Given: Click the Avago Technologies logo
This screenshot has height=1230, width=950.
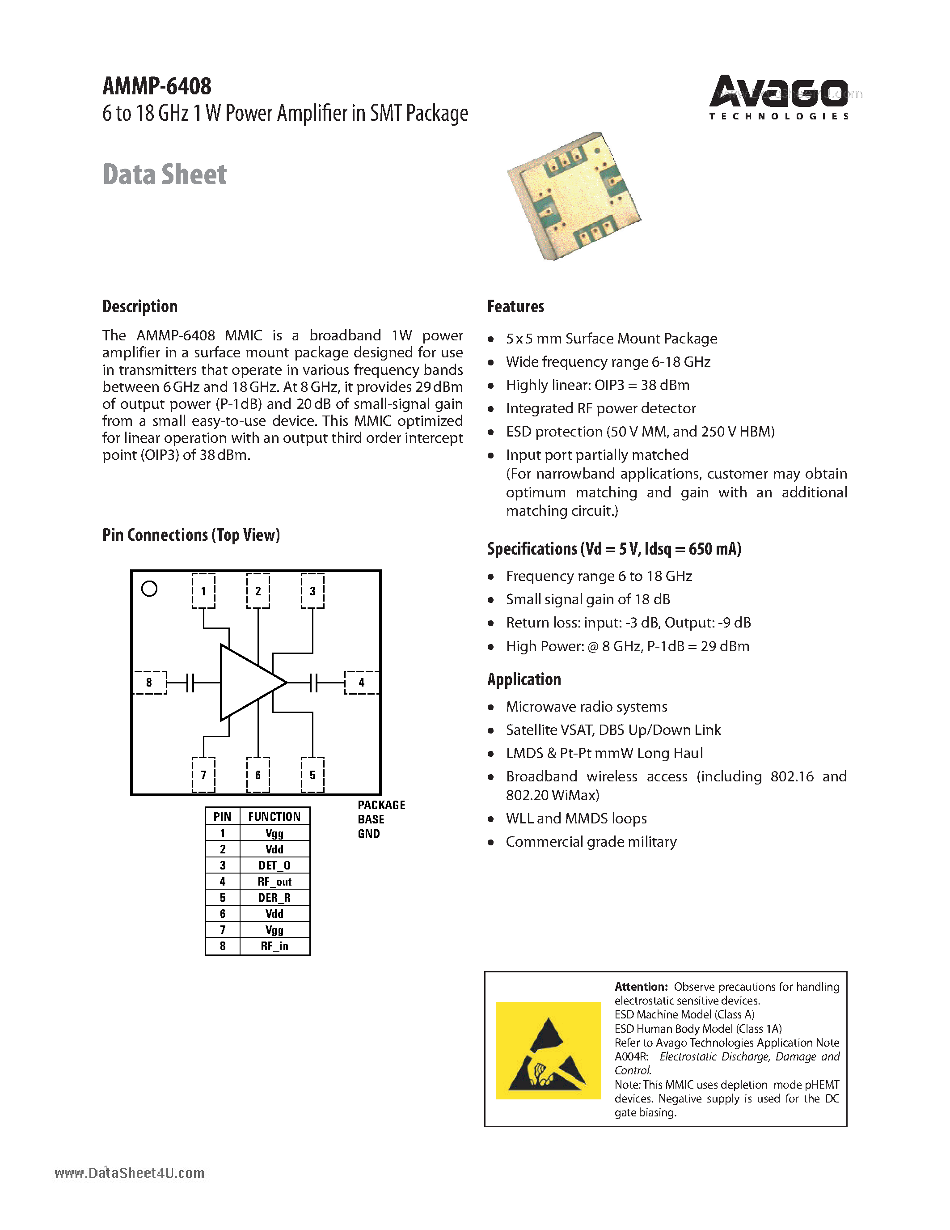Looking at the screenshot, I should [x=778, y=97].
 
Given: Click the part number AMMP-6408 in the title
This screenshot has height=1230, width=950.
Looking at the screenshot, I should [x=157, y=86].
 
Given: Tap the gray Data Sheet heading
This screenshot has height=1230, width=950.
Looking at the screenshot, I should [x=165, y=174].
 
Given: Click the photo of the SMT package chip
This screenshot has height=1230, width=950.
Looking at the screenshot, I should [x=574, y=195].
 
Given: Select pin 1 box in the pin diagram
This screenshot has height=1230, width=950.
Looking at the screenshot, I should [x=203, y=591].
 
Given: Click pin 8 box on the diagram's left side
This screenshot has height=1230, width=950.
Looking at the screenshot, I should [x=149, y=682].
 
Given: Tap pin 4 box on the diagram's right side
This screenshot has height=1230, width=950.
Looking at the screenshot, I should [x=361, y=682].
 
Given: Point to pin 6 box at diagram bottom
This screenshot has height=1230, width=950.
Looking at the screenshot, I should [x=258, y=775].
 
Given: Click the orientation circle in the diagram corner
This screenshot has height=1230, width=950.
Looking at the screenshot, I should [x=149, y=589].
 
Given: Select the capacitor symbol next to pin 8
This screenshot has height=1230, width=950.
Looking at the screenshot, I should [x=190, y=683].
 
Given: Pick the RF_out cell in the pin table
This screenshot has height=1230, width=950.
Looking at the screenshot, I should [x=274, y=882].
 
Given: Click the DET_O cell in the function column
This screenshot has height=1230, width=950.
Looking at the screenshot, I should [x=274, y=865].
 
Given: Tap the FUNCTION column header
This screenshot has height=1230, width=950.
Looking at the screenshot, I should [x=274, y=817].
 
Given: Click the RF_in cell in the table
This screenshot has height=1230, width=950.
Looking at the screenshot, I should [x=274, y=946].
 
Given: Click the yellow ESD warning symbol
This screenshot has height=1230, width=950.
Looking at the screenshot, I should [x=548, y=1050].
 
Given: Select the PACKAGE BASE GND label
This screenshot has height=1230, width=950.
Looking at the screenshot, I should [x=380, y=819].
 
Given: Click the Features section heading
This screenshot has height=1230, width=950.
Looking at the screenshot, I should [x=515, y=306].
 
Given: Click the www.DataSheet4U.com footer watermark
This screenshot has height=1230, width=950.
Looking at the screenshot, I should [x=130, y=1173].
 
